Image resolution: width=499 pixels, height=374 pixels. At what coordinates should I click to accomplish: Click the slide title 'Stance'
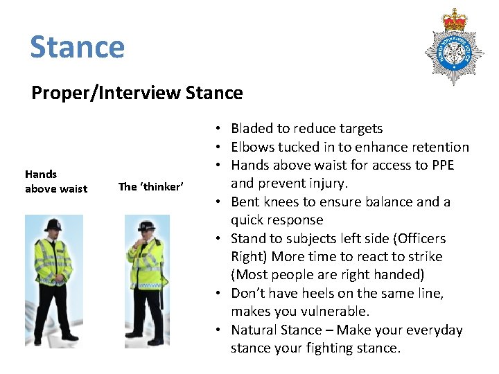77,47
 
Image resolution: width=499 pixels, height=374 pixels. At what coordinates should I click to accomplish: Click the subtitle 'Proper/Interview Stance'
137,93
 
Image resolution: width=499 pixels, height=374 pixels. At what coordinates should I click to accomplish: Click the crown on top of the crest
455,20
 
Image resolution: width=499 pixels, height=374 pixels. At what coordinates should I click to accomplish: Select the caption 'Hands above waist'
56,181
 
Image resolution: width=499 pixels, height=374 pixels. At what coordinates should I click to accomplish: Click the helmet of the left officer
54,226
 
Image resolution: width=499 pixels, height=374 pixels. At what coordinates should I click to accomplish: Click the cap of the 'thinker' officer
146,227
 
